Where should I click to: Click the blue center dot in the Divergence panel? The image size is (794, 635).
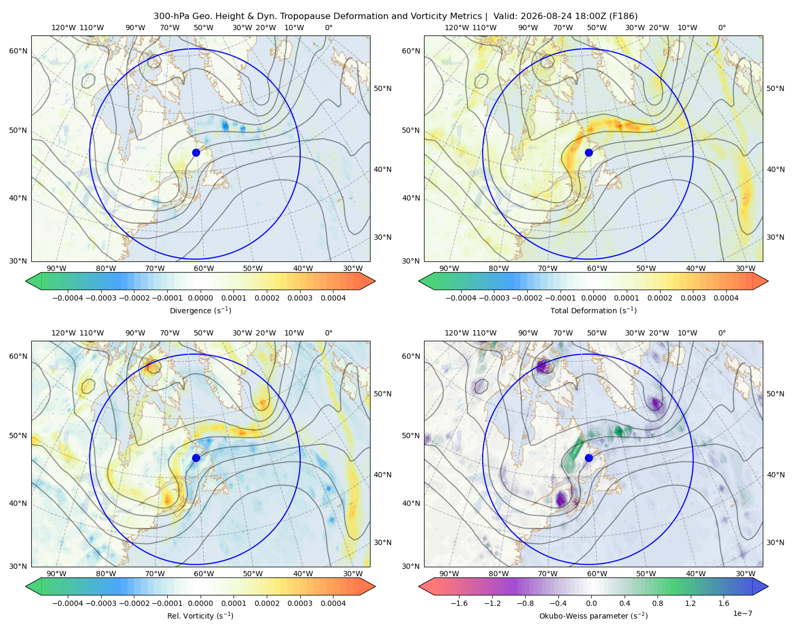coord(196,153)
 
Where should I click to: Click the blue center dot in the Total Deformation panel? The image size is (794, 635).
coord(589,153)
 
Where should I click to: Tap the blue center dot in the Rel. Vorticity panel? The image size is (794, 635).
coord(196,458)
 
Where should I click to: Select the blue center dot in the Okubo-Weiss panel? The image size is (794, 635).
coord(589,458)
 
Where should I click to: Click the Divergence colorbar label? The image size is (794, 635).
coord(200,310)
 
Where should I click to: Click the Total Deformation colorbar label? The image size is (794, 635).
coord(593,310)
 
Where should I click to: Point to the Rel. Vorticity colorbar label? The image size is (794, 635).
coord(200,616)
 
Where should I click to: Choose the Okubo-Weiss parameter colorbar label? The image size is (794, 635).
coord(593,616)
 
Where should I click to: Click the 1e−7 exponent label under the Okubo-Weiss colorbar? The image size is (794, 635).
coord(742,613)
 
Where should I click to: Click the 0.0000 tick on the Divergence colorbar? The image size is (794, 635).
coord(200,298)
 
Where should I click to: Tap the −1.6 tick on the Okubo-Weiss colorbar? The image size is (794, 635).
coord(459,603)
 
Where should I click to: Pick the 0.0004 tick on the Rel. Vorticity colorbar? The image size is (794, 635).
coord(333,603)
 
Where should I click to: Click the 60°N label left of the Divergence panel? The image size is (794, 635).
coord(18,51)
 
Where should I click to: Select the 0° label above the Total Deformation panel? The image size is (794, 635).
coord(721,28)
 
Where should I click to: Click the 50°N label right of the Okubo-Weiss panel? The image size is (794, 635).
coord(775,394)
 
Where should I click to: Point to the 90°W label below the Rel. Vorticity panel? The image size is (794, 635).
coord(57,574)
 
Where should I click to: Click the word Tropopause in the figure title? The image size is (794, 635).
coord(311,16)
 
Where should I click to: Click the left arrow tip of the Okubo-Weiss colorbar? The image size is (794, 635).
coord(419,586)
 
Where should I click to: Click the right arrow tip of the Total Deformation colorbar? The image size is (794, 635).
coord(768,281)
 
